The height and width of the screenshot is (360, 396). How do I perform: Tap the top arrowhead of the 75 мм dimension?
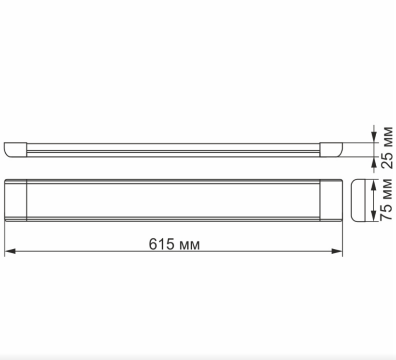pos(373,185)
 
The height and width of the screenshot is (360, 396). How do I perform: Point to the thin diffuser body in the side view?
pos(173,150)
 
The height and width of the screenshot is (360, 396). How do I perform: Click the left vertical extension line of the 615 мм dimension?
pos(5,237)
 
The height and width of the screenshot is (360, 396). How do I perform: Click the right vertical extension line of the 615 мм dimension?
pos(342,237)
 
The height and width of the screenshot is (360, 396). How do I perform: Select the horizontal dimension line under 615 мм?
pos(97,251)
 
